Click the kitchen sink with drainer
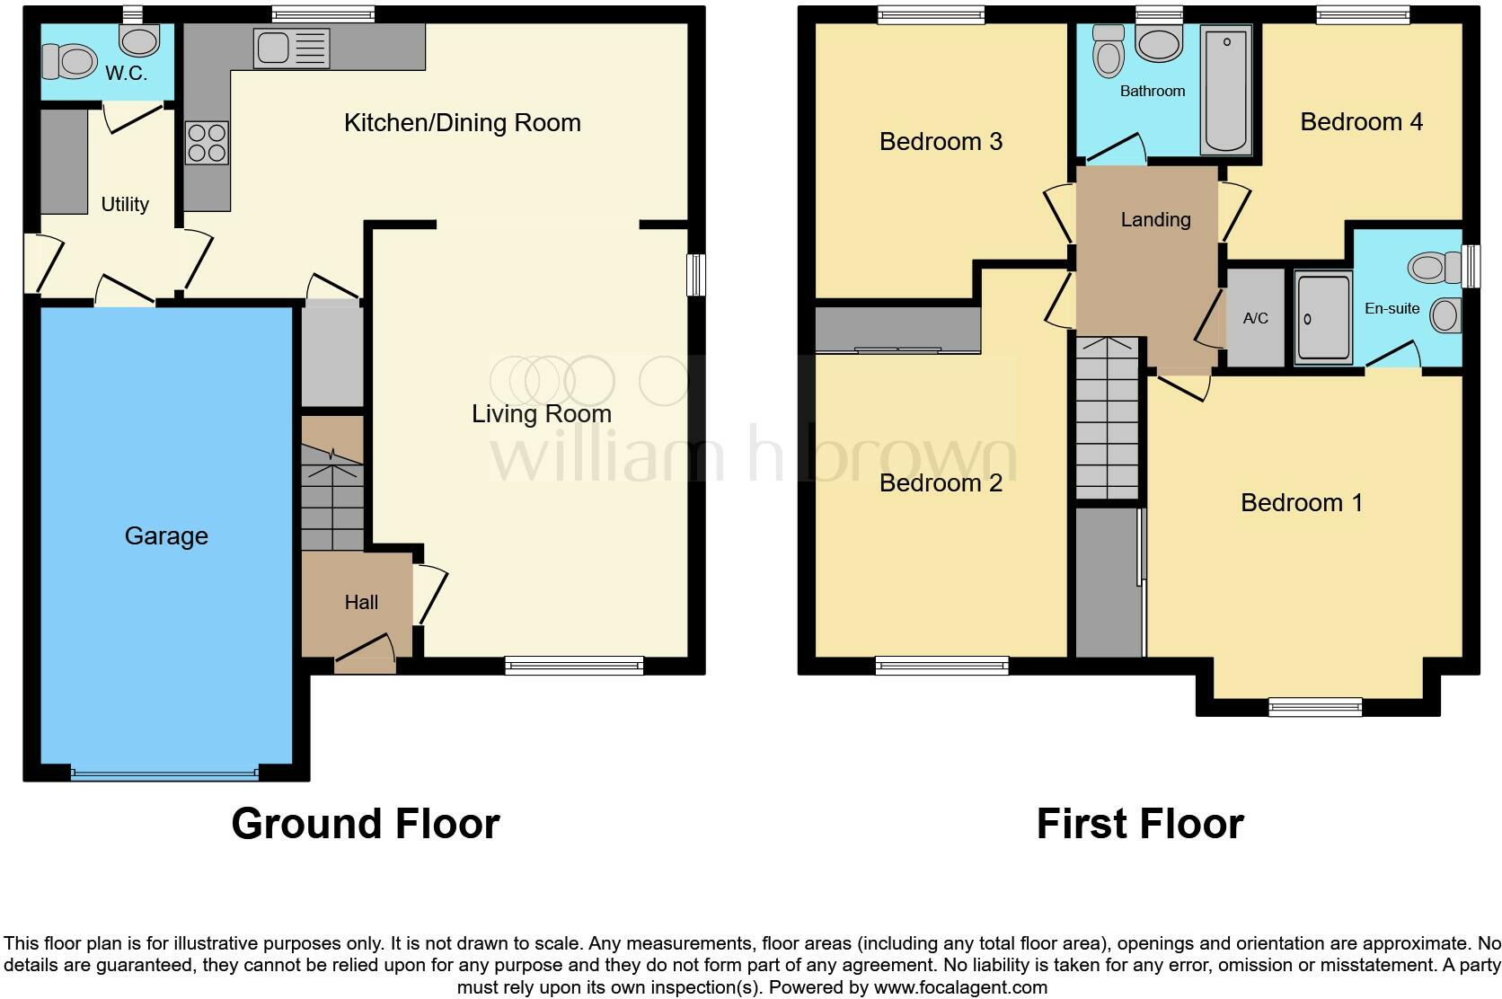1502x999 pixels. point(292,49)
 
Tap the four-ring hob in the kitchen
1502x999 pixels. point(207,143)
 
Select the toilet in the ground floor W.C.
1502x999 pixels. point(69,62)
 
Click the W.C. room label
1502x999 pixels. point(126,73)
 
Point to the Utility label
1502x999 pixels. point(125,204)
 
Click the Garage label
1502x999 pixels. point(166,535)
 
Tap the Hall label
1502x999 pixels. point(361,602)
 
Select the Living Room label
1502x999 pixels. point(542,413)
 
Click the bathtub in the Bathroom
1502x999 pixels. point(1225,89)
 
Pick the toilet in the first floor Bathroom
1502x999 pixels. point(1109,51)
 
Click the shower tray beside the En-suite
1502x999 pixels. point(1323,318)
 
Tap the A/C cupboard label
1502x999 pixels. point(1255,318)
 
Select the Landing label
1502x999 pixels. point(1156,219)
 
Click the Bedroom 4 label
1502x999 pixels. point(1361,121)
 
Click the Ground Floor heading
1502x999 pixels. point(366,823)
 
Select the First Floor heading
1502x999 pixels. point(1140,823)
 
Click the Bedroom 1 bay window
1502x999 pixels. point(1315,707)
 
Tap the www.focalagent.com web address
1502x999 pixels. point(960,987)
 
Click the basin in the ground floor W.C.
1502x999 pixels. point(139,40)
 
